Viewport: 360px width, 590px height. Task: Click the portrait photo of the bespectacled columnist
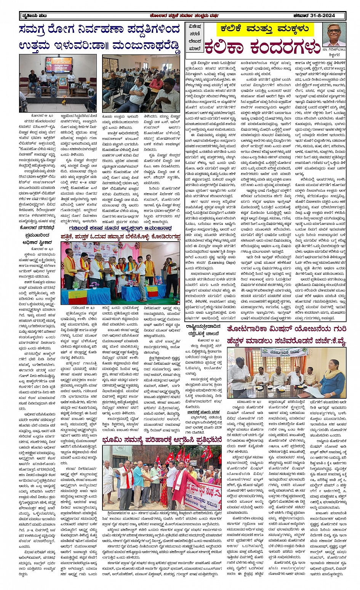click(x=334, y=34)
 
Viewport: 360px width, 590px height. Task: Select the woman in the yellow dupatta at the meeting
click(x=332, y=379)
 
